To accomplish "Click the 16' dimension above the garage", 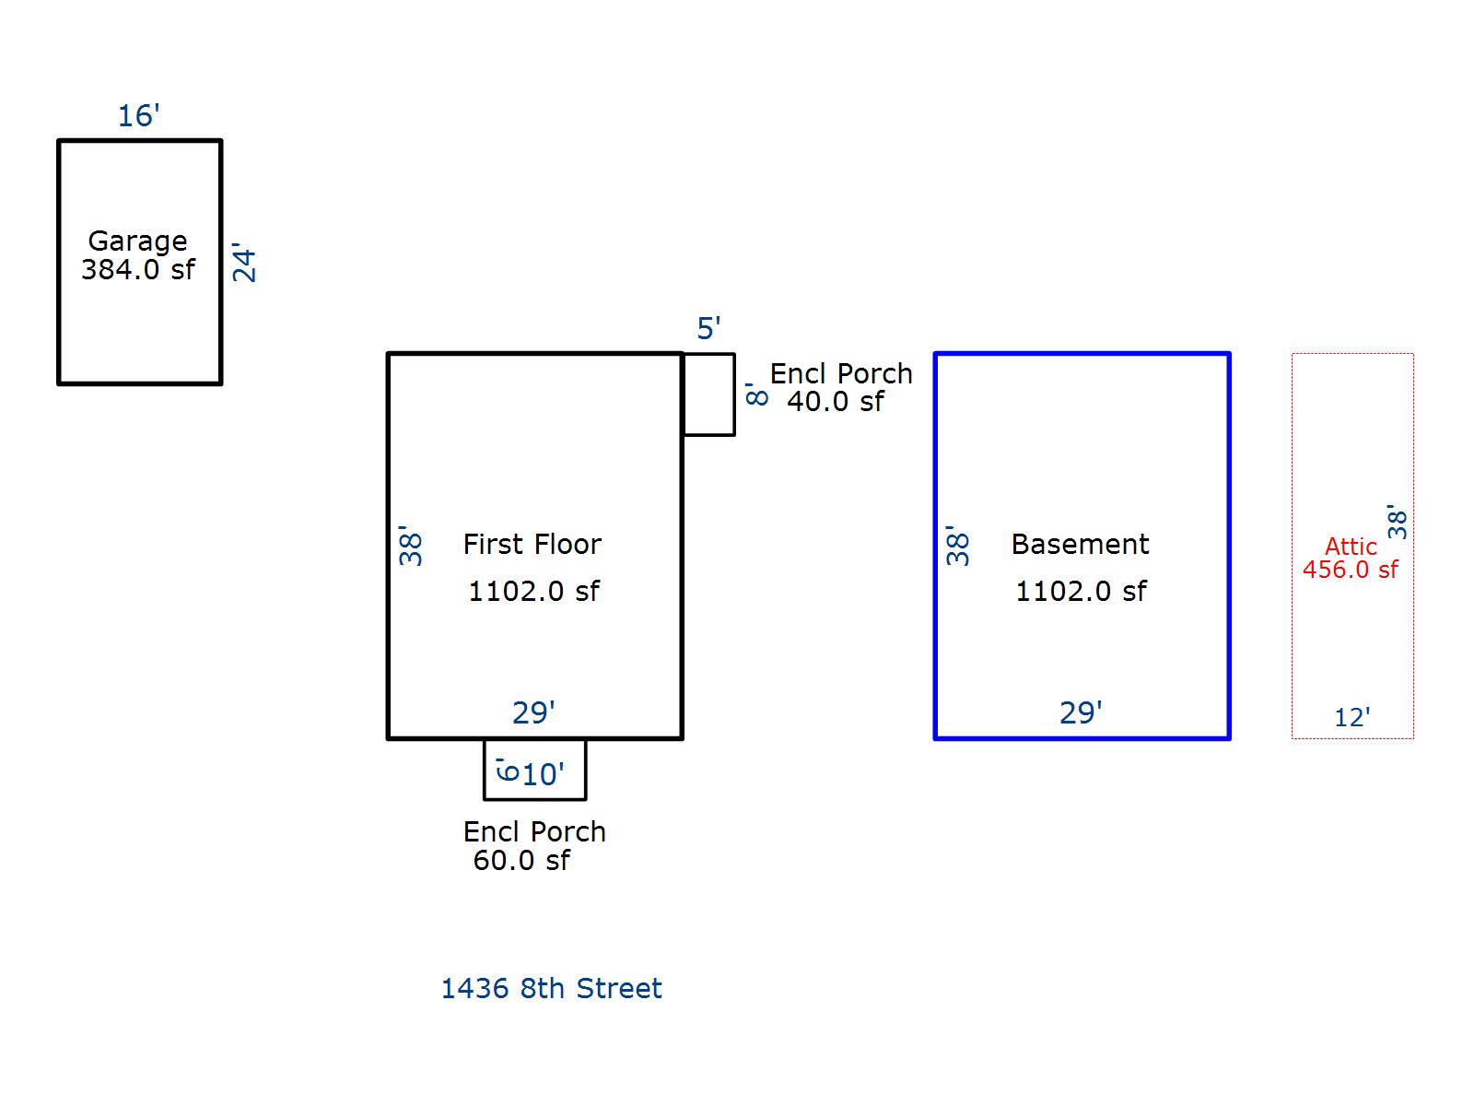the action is (138, 115).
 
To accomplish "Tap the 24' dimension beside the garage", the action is (244, 263).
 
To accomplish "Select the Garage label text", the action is (137, 241).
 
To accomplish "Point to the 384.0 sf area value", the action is (137, 269).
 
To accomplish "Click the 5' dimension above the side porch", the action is (708, 328).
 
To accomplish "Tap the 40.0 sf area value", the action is (836, 402).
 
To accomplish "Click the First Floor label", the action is (532, 544).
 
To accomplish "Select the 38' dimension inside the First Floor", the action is (410, 546).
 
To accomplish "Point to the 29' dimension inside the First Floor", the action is (533, 712).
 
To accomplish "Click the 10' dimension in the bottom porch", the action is (543, 774).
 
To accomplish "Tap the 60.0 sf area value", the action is (521, 860).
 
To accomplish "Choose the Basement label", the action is (1080, 544).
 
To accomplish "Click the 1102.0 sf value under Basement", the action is (1081, 591).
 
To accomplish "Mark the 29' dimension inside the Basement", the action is (1081, 712).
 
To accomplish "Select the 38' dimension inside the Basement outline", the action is (957, 546).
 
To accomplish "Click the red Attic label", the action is (1351, 547).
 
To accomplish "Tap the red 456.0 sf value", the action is (1350, 570).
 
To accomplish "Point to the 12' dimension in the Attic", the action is (1351, 717).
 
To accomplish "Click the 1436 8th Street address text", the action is (551, 988).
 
